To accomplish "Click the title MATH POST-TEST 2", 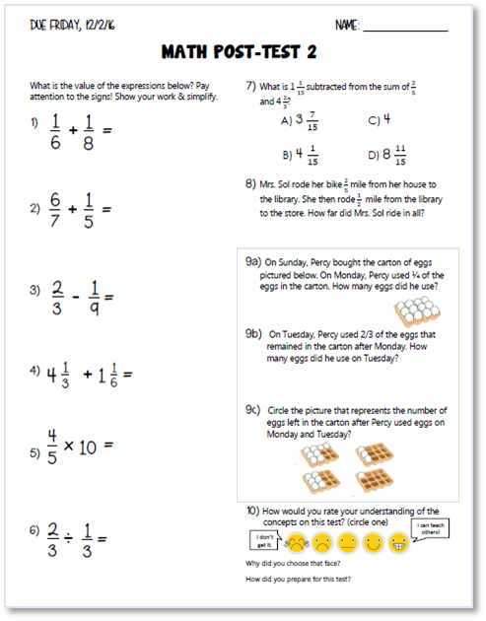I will click(x=243, y=52).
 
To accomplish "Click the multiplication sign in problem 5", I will click(x=70, y=446).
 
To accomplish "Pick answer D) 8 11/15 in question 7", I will click(x=386, y=156).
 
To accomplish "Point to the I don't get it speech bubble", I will click(x=263, y=539).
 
